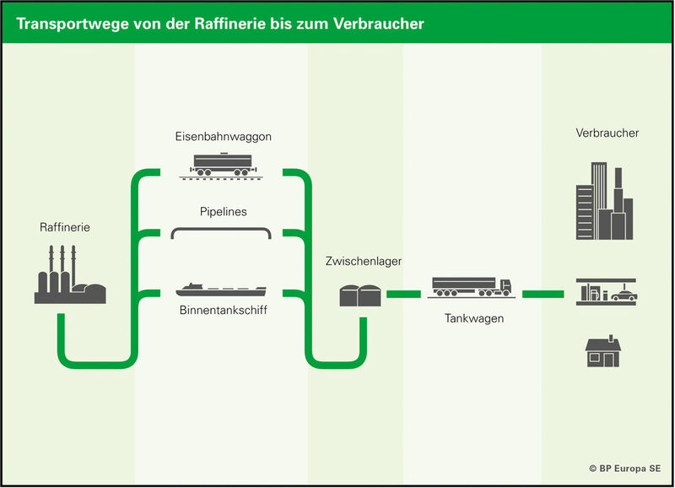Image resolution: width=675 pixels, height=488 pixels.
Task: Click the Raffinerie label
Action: [x=64, y=227]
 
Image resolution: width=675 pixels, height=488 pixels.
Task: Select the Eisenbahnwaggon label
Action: [x=224, y=136]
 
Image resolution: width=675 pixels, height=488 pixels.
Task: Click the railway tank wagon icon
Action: [x=223, y=165]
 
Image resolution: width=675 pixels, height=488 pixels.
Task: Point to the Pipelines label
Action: [x=223, y=212]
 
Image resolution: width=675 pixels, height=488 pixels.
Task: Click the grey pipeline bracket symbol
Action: [x=221, y=232]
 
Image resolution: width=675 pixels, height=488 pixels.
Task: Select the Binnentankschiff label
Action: [x=224, y=312]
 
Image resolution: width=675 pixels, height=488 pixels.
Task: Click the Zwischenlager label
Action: [x=363, y=262]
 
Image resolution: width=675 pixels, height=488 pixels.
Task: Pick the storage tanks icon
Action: [x=362, y=295]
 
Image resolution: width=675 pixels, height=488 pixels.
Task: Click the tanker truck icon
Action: [x=472, y=287]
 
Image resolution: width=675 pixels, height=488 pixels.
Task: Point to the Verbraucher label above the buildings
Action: [x=607, y=133]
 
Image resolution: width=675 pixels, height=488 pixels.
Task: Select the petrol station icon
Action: [x=606, y=290]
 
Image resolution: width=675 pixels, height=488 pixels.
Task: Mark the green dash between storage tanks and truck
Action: [x=404, y=295]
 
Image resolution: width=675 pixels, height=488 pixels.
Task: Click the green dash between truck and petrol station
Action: [x=542, y=295]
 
